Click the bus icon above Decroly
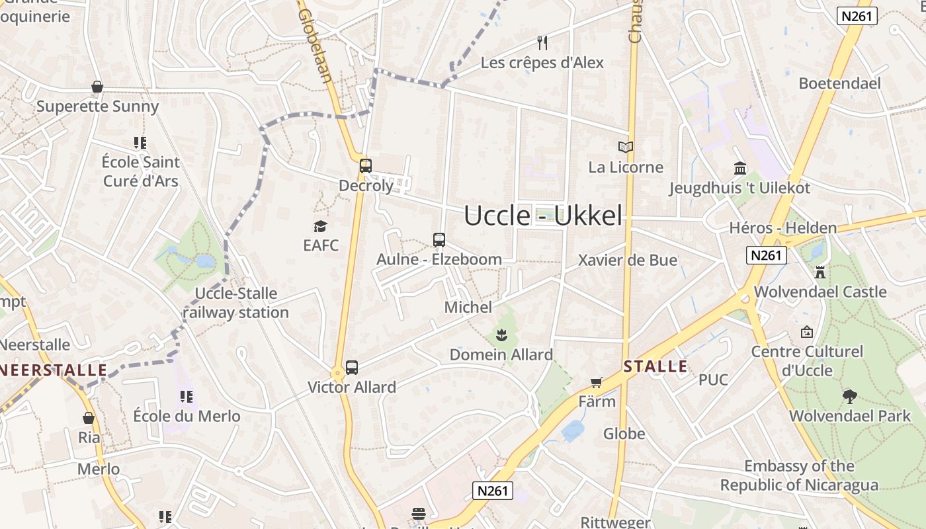pyautogui.click(x=365, y=166)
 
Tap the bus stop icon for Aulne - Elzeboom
pyautogui.click(x=439, y=240)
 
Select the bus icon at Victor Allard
pyautogui.click(x=352, y=368)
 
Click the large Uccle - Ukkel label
pyautogui.click(x=543, y=216)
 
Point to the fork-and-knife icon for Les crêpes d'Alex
pyautogui.click(x=542, y=43)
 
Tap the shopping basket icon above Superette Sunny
pyautogui.click(x=97, y=87)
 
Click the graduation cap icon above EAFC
pyautogui.click(x=321, y=226)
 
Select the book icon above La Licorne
pyautogui.click(x=625, y=147)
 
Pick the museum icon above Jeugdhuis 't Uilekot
pyautogui.click(x=740, y=168)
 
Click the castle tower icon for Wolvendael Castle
pyautogui.click(x=820, y=272)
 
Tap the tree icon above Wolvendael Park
pyautogui.click(x=850, y=397)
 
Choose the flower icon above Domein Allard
pyautogui.click(x=501, y=335)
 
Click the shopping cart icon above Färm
pyautogui.click(x=597, y=382)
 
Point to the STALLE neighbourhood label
pyautogui.click(x=655, y=366)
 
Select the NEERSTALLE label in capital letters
pyautogui.click(x=54, y=370)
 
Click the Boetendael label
pyautogui.click(x=839, y=83)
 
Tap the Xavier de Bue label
pyautogui.click(x=628, y=260)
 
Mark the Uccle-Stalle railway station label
pyautogui.click(x=236, y=303)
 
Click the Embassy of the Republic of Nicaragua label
pyautogui.click(x=799, y=475)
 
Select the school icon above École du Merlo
pyautogui.click(x=187, y=397)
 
